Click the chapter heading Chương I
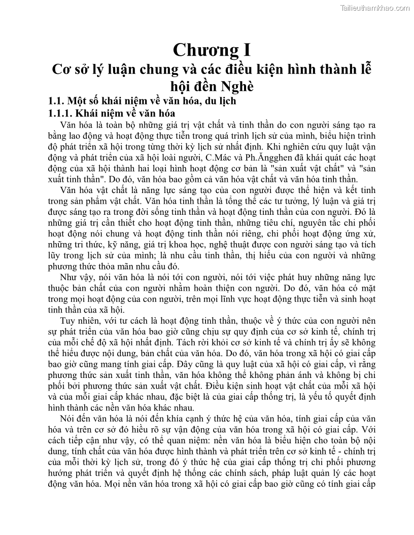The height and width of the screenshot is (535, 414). pyautogui.click(x=212, y=50)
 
